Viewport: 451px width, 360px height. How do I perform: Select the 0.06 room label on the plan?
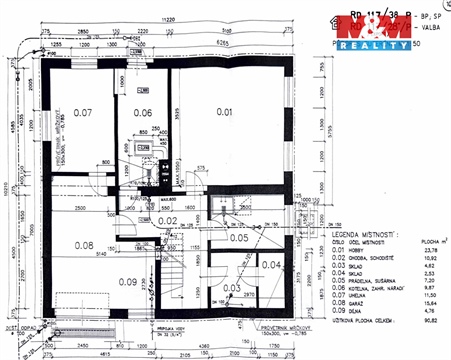pyautogui.click(x=143, y=113)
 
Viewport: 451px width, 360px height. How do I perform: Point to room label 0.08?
pyautogui.click(x=84, y=245)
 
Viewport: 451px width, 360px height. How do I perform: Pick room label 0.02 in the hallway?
pyautogui.click(x=167, y=220)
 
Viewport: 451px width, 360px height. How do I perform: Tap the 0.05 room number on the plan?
pyautogui.click(x=239, y=238)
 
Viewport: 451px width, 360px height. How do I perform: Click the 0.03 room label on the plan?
pyautogui.click(x=230, y=288)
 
